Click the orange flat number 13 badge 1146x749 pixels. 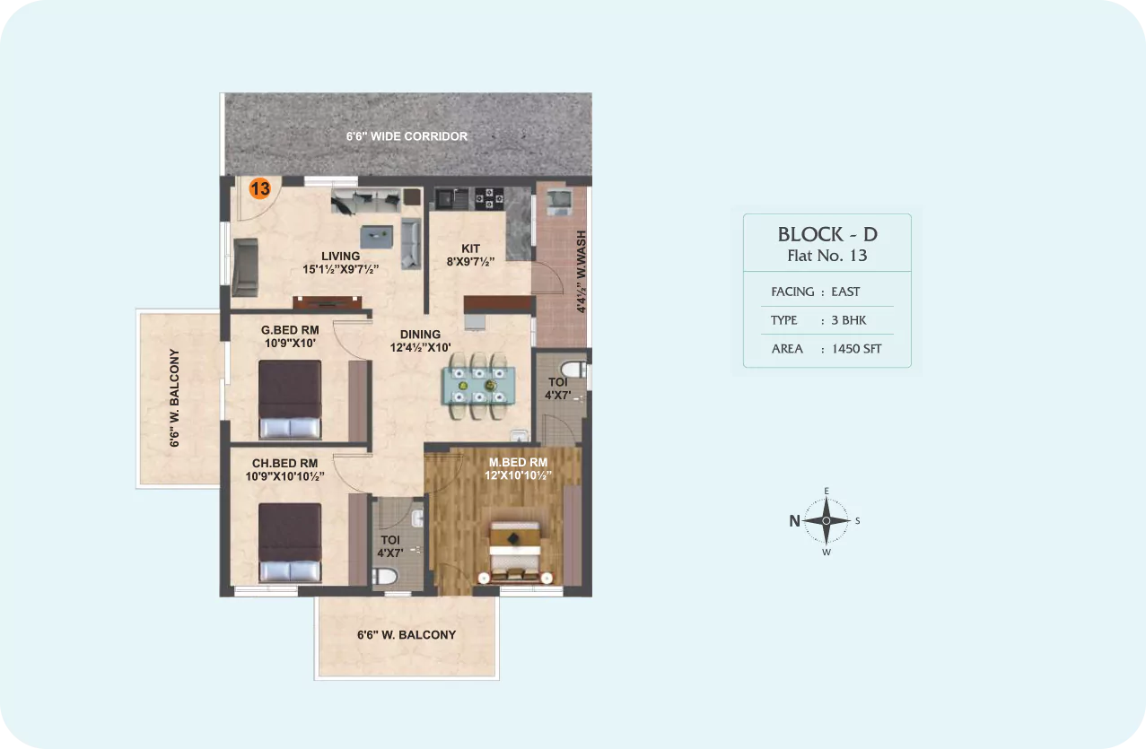(260, 188)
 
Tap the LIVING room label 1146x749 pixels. (341, 257)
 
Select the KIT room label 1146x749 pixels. (470, 248)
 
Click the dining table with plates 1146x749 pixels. (478, 386)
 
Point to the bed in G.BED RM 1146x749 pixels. (290, 399)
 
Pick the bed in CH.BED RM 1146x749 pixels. (290, 543)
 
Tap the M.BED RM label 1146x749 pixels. (519, 463)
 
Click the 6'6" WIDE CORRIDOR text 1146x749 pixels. (407, 136)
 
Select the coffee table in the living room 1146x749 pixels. (377, 237)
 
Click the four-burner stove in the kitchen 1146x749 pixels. (489, 198)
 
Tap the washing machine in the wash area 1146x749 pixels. (560, 202)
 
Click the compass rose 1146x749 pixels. (827, 521)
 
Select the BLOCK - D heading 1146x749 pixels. (827, 234)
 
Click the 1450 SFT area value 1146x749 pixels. (856, 349)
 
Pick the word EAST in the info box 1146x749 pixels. (845, 292)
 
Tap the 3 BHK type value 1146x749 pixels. (849, 320)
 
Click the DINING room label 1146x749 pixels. (420, 335)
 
